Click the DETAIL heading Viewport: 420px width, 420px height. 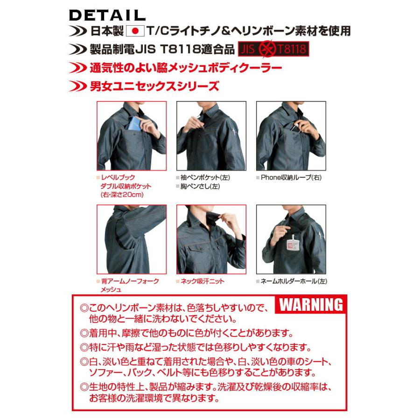(107, 15)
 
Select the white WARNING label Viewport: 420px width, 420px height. (311, 305)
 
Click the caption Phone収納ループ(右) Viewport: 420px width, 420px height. (291, 177)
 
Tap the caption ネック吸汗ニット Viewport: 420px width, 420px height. (202, 281)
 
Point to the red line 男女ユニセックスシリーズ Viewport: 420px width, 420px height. (154, 86)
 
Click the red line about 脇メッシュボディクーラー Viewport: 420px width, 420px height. (185, 68)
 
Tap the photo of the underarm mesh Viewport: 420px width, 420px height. (131, 239)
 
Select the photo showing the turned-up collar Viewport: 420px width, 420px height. (211, 239)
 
